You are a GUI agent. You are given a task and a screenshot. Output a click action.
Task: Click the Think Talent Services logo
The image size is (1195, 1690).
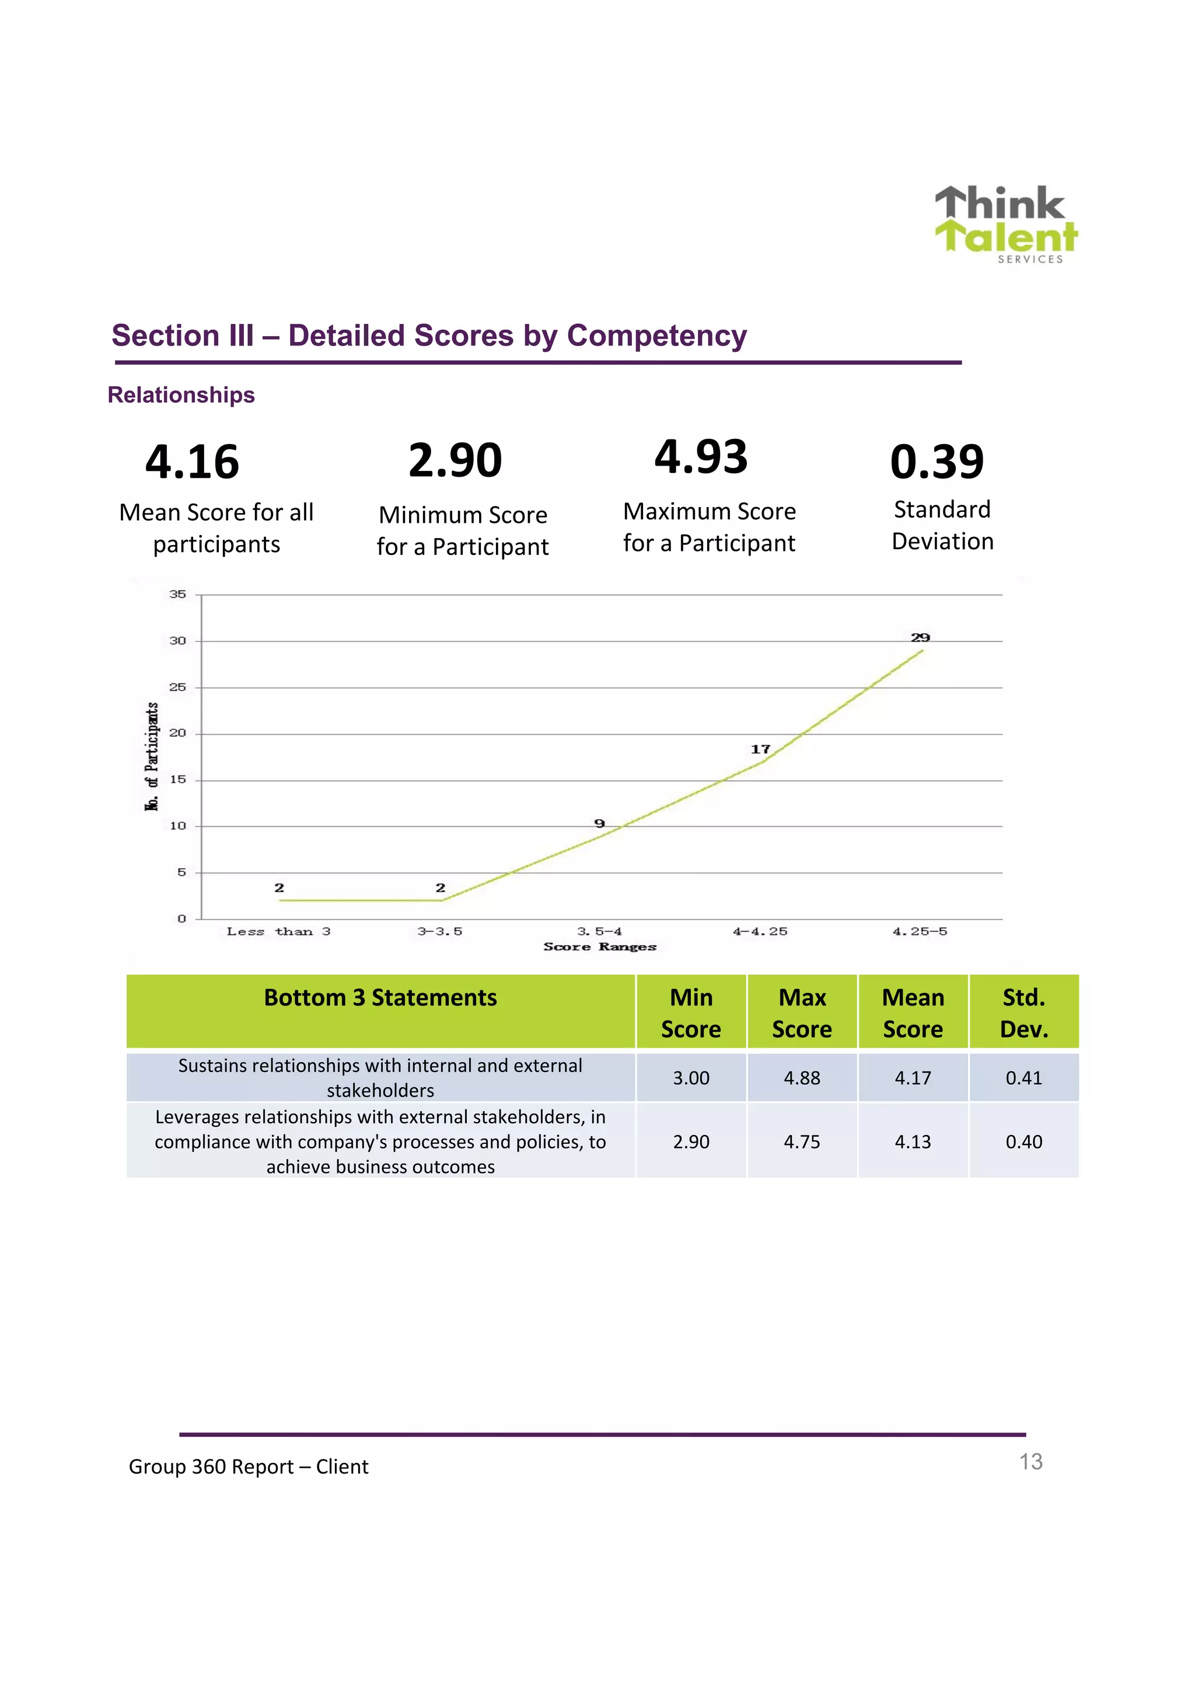1005,223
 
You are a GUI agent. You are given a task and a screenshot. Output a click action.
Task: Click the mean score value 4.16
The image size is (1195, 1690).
192,462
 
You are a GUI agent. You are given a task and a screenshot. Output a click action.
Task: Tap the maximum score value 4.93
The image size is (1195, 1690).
701,456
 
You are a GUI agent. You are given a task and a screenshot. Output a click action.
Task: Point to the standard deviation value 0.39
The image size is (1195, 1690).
936,462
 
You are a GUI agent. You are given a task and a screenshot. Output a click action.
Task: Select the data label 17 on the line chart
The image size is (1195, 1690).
760,749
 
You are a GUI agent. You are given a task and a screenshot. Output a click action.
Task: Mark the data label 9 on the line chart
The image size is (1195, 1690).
599,823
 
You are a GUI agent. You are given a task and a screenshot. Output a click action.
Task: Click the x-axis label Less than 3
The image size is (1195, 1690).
278,932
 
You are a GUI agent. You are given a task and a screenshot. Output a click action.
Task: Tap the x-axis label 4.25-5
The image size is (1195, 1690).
919,932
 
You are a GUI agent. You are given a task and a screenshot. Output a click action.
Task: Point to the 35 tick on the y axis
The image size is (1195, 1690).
177,594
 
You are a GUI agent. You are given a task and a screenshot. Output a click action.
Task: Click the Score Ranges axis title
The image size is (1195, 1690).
600,947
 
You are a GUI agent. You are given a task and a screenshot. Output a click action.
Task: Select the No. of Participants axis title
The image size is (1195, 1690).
152,757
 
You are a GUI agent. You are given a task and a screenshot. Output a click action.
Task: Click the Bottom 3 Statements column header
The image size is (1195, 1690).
380,998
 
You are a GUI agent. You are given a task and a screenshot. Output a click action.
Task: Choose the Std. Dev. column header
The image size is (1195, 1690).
1023,1013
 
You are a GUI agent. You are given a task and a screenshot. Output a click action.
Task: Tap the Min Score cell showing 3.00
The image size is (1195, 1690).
691,1078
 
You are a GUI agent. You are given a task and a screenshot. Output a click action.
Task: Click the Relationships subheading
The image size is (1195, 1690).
181,395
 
